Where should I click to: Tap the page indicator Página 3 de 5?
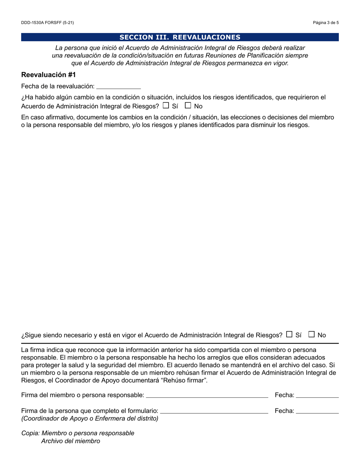click(x=326, y=23)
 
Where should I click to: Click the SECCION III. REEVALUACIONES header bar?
click(x=180, y=37)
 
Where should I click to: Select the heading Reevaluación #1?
click(x=49, y=75)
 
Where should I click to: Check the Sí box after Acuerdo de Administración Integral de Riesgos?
click(x=166, y=106)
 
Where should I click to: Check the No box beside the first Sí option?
click(x=188, y=106)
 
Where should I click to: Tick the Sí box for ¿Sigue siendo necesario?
click(x=290, y=334)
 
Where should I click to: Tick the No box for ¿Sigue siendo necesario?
click(x=311, y=334)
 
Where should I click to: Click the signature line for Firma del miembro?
click(x=207, y=395)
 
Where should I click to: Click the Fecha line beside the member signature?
click(x=317, y=395)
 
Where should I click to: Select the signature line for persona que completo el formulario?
click(x=214, y=411)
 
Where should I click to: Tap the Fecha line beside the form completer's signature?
click(x=317, y=411)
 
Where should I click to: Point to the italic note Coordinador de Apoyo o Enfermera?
click(x=90, y=419)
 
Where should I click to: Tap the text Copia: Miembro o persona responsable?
click(x=78, y=433)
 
